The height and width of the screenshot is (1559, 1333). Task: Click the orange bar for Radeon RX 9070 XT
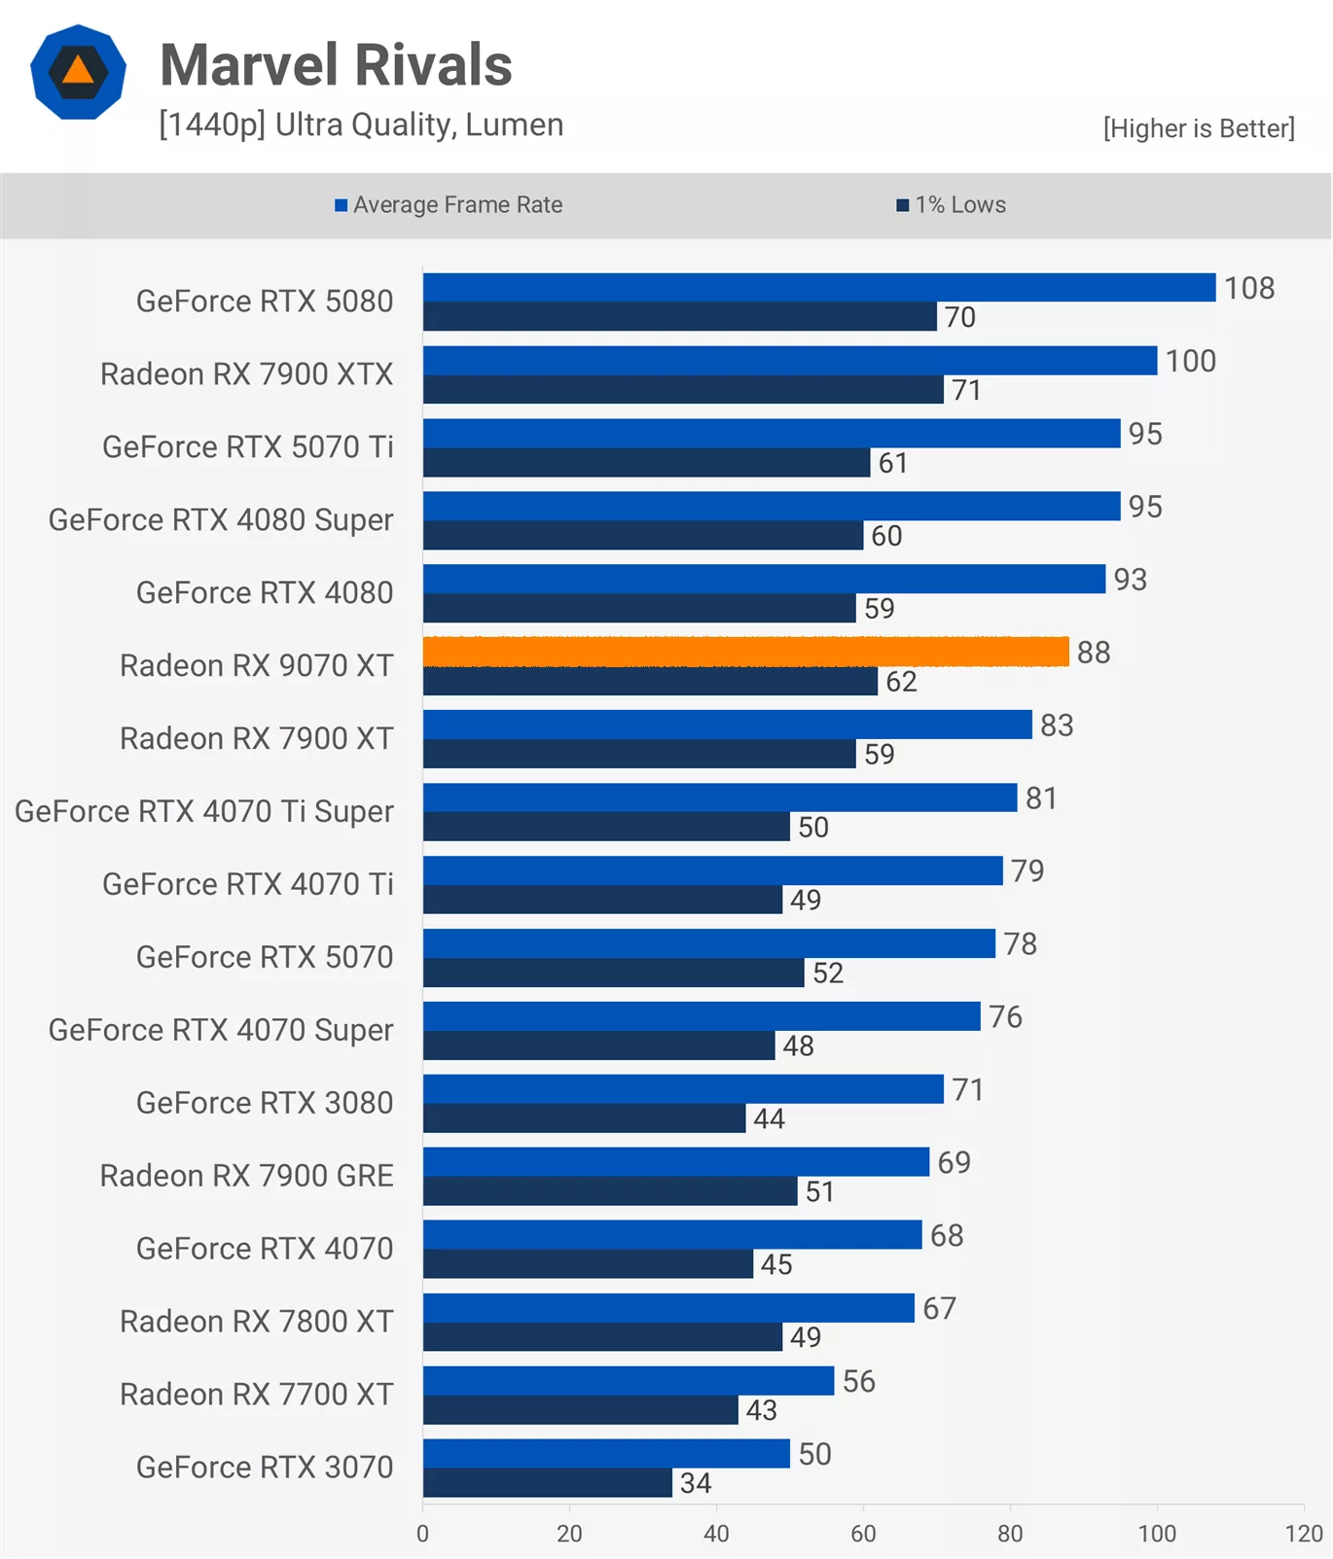pos(745,652)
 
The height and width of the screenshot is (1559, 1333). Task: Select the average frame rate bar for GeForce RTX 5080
pos(818,287)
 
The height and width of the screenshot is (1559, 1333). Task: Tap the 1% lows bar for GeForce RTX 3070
pos(547,1483)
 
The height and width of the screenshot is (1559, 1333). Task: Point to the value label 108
pos(1248,288)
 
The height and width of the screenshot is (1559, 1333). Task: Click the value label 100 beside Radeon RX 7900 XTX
pos(1190,361)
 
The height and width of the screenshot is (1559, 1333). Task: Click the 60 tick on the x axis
pos(863,1534)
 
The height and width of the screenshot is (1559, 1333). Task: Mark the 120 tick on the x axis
pos(1303,1534)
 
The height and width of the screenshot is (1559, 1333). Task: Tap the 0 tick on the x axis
pos(422,1534)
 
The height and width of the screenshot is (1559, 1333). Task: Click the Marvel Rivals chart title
pos(336,65)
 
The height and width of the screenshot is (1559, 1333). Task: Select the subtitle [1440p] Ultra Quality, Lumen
pos(361,125)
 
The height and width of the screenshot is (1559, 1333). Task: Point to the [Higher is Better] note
pos(1198,128)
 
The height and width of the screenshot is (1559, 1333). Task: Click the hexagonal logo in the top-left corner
pos(78,72)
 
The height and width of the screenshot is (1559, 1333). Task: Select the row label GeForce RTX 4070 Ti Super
pos(204,811)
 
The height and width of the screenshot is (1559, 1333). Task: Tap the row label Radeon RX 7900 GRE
pos(246,1176)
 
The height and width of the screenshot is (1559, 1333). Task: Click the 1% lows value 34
pos(695,1483)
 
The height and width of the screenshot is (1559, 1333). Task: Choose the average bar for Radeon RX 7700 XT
pos(628,1381)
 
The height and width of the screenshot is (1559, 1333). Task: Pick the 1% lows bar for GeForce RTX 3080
pos(584,1118)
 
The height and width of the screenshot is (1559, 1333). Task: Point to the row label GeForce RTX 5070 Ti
pos(247,447)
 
